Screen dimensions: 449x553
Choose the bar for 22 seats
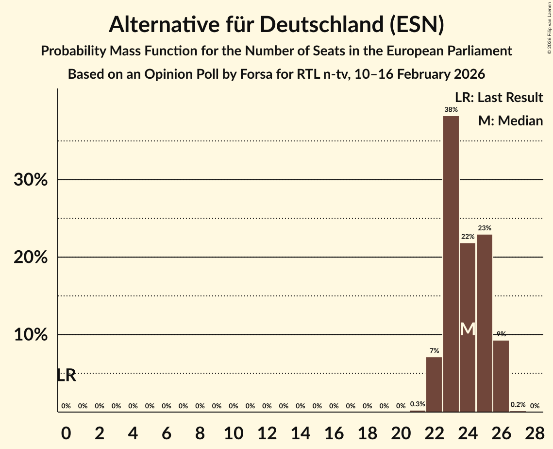[434, 384]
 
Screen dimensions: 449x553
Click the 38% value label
[451, 110]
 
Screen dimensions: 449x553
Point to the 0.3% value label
[418, 404]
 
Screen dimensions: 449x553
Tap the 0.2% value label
[518, 405]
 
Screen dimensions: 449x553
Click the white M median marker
[468, 329]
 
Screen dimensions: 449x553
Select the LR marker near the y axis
[66, 375]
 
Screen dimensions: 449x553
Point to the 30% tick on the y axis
[31, 180]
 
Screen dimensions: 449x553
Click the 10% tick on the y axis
[31, 335]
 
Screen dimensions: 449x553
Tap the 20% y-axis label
[31, 257]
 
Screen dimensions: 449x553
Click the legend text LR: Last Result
[499, 98]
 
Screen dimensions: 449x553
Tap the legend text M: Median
[510, 121]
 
